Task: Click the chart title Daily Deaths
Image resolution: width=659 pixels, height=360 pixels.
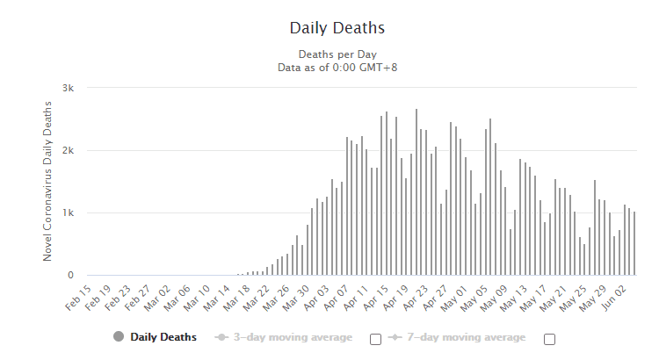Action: coord(337,28)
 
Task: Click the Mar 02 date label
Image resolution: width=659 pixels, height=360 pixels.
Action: coord(157,295)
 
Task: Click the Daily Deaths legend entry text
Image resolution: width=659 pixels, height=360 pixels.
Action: coord(163,337)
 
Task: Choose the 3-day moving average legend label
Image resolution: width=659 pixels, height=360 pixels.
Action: coord(291,337)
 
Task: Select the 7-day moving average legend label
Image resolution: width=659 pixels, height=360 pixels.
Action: coord(465,337)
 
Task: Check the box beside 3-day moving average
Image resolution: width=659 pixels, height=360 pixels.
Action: coord(375,339)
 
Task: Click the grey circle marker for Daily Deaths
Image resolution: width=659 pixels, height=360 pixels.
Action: coord(119,337)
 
